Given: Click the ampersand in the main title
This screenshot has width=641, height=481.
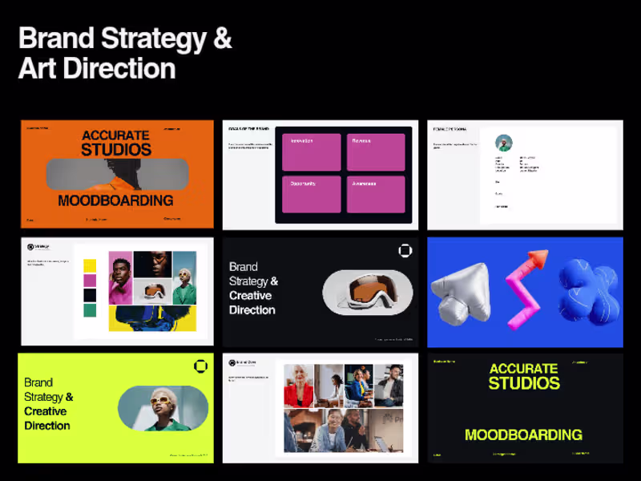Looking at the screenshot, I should tap(222, 38).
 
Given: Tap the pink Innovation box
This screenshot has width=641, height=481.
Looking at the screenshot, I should tap(311, 152).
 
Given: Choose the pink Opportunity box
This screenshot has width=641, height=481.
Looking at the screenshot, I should tap(311, 194).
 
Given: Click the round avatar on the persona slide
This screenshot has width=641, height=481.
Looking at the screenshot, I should tap(504, 143).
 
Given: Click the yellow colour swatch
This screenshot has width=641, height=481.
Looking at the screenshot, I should tap(90, 265).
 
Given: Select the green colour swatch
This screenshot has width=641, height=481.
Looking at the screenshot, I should tap(90, 310).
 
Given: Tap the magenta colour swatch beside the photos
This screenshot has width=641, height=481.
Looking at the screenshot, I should tap(90, 281).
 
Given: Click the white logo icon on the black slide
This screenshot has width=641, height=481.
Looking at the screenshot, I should tap(405, 251).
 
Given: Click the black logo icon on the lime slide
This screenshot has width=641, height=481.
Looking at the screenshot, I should tap(200, 366).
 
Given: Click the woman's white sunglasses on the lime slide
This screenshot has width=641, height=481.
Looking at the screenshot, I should tap(162, 398).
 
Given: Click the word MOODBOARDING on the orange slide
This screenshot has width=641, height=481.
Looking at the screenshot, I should tap(115, 200).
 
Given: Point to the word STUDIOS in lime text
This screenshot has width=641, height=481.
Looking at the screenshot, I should tap(524, 383).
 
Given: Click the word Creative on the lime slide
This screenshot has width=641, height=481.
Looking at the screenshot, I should tap(45, 411).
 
